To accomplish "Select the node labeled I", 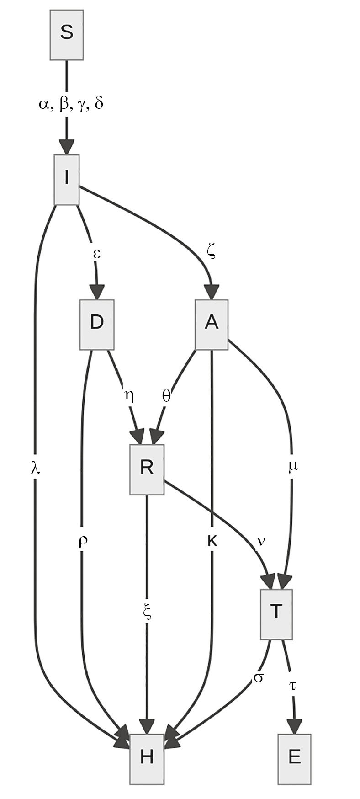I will pos(67,180).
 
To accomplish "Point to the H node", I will pos(147,759).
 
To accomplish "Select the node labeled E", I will pos(295,759).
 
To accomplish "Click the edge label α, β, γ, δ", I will pos(71,104).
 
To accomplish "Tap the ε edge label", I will pos(96,254).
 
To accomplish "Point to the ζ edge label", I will pos(211,252).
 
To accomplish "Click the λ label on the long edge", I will pos(35,468).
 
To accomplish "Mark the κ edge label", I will pos(212,541).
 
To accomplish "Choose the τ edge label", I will pos(292,686).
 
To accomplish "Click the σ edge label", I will pos(258,677).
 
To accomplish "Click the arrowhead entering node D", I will pos(97,292).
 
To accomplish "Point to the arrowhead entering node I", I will pos(67,147).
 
